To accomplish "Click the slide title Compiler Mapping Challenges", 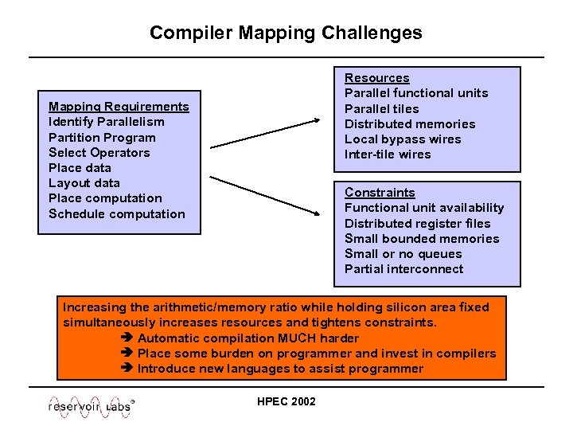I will click(286, 33).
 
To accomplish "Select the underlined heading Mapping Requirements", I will click(119, 107).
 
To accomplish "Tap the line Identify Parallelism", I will click(107, 122).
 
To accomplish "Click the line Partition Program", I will click(102, 137).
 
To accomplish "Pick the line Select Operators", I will click(99, 152).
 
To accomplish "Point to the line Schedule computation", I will click(116, 213).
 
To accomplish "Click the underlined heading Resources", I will click(376, 78).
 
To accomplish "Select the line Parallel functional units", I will click(415, 93).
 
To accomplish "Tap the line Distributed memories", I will click(409, 123).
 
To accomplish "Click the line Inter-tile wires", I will click(387, 154).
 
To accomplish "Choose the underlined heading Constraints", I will click(380, 193).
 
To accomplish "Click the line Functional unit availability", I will click(423, 208).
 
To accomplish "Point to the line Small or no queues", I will click(403, 254).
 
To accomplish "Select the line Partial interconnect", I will click(403, 269).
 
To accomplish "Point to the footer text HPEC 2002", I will click(286, 401).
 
